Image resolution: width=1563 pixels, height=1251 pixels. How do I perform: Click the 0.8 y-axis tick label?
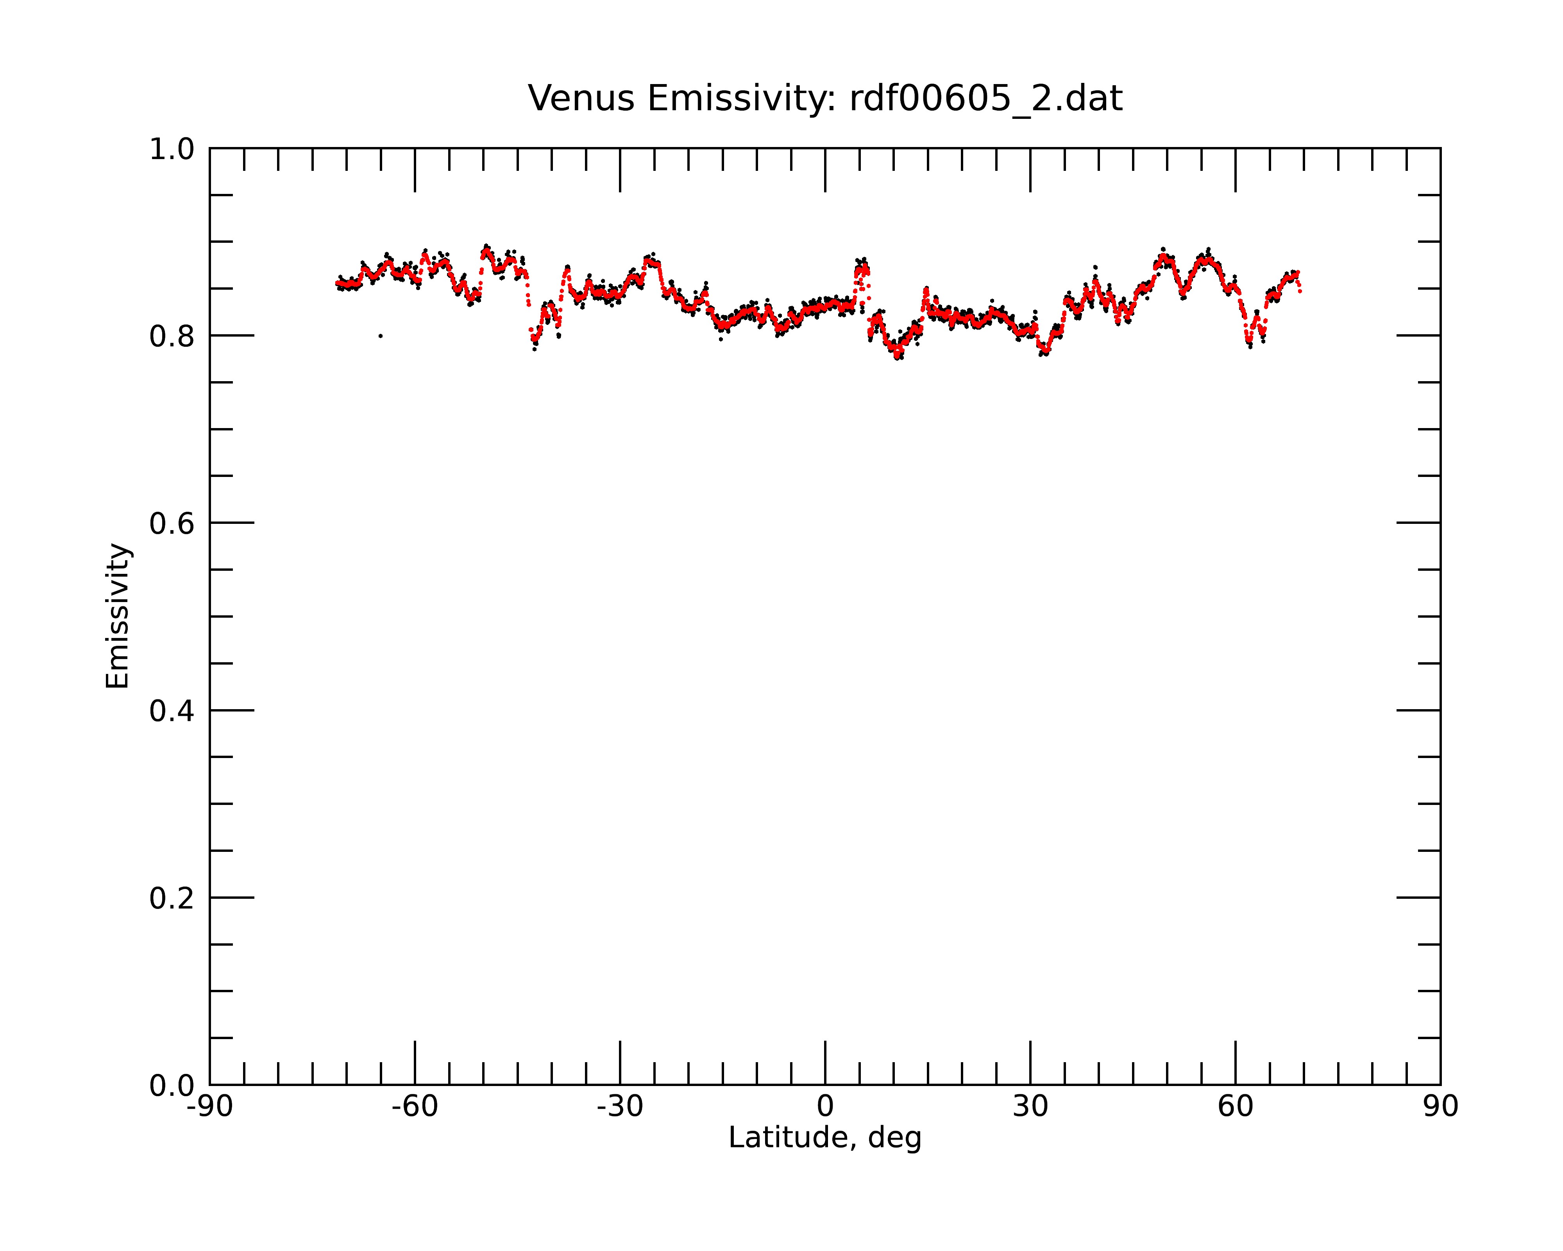click(x=172, y=337)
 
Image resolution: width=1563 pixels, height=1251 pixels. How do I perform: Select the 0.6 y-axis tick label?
click(x=172, y=523)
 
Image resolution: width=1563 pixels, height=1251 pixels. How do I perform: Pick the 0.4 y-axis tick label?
click(x=172, y=712)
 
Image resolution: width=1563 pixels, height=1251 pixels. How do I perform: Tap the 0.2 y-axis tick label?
click(x=172, y=898)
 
